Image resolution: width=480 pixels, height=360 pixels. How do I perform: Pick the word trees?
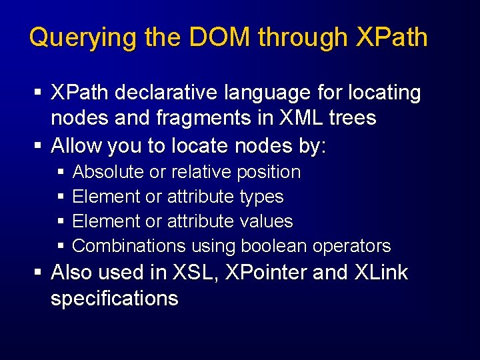coord(353,119)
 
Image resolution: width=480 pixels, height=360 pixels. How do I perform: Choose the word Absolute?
coord(108,172)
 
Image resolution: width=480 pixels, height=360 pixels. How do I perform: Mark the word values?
coord(265,221)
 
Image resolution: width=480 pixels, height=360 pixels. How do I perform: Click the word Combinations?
coord(129,245)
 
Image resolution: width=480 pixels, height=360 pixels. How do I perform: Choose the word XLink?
coord(381,273)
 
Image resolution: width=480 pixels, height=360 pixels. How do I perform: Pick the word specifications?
coord(114,299)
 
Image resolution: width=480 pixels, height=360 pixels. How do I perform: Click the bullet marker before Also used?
coord(39,273)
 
